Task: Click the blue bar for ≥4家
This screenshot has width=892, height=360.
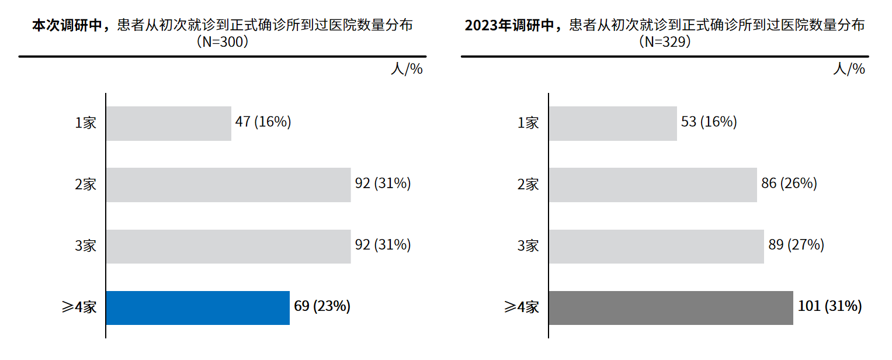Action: pos(197,308)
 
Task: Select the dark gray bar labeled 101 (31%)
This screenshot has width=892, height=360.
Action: pos(671,308)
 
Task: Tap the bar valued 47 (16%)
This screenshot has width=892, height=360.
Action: pos(168,123)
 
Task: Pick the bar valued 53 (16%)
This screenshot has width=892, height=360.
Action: pos(613,123)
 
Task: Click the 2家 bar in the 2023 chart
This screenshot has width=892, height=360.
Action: pos(652,185)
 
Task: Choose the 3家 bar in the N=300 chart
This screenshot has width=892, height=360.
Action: pos(228,246)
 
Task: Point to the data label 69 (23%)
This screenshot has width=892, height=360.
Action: pos(322,306)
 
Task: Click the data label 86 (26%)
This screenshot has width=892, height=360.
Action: pos(789,184)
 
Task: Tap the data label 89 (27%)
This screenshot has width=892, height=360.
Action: pos(796,245)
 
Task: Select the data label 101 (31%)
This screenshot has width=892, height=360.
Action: pos(829,306)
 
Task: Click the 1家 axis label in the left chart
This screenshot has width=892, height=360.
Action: pos(85,123)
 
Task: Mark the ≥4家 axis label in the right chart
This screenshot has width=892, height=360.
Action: pos(522,307)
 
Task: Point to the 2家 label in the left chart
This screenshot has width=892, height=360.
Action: pos(85,185)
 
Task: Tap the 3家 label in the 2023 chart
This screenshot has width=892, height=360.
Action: pos(528,246)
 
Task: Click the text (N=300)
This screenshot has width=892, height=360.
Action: pos(223,42)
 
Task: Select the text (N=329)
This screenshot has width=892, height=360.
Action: pos(665,42)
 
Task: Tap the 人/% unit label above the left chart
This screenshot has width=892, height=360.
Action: pos(407,69)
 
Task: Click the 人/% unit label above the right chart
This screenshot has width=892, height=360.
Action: pos(849,69)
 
